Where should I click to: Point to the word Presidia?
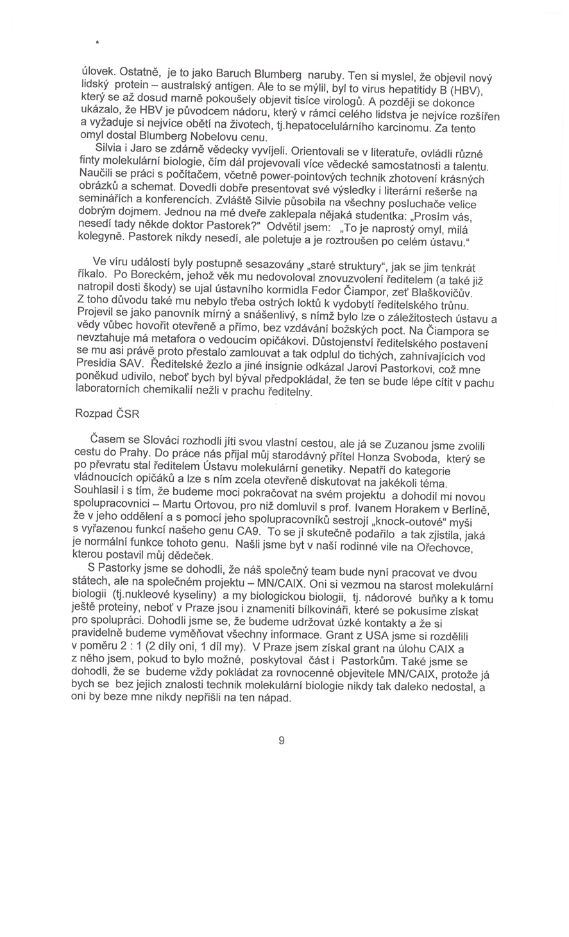pos(97,363)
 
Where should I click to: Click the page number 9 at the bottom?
pos(282,740)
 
